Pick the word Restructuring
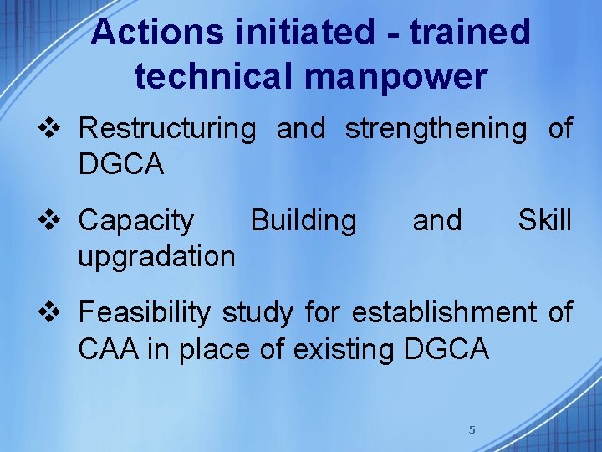[167, 129]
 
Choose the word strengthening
[436, 129]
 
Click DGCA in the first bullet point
[121, 165]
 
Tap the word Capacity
[135, 221]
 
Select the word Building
[303, 220]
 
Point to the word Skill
[544, 220]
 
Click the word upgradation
[156, 256]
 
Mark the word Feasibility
[144, 313]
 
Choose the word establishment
[444, 312]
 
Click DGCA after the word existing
[446, 348]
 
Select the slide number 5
[472, 429]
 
